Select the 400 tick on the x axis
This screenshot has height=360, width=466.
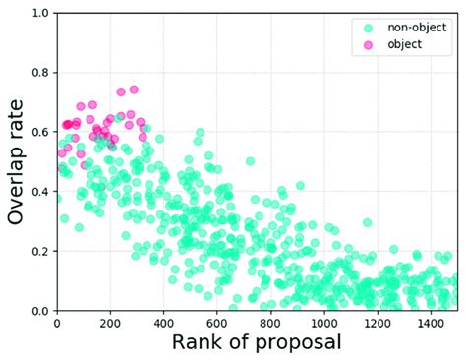click(x=163, y=322)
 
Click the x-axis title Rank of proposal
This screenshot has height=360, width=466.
click(x=257, y=343)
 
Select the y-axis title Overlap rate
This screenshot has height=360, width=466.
click(x=17, y=162)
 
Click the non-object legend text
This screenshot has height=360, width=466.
click(x=417, y=29)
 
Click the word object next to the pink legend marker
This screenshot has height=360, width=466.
click(x=405, y=44)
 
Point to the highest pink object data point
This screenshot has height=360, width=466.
click(x=133, y=89)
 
